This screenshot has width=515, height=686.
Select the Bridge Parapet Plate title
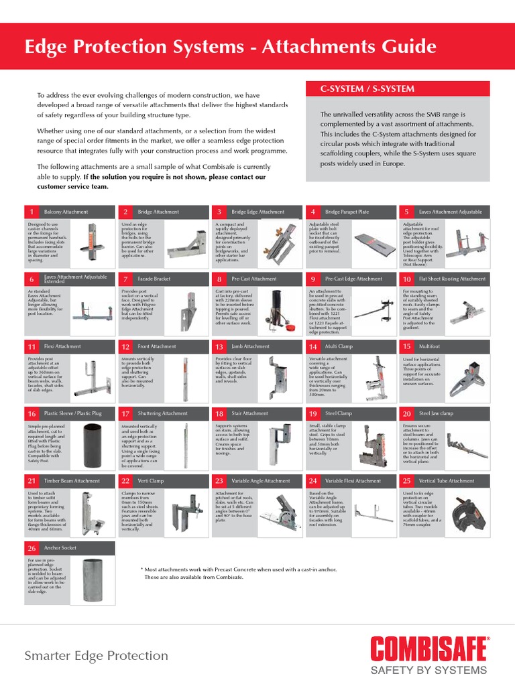pos(347,212)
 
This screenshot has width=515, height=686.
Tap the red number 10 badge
pos(406,279)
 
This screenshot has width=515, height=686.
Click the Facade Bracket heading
pos(154,279)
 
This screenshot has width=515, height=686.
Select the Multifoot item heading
pos(430,346)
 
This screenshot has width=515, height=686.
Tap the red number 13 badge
pos(219,346)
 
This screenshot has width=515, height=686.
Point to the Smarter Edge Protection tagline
pos(96,655)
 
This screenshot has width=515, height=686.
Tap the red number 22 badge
pos(125,481)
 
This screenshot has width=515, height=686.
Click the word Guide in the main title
pos(399,47)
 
